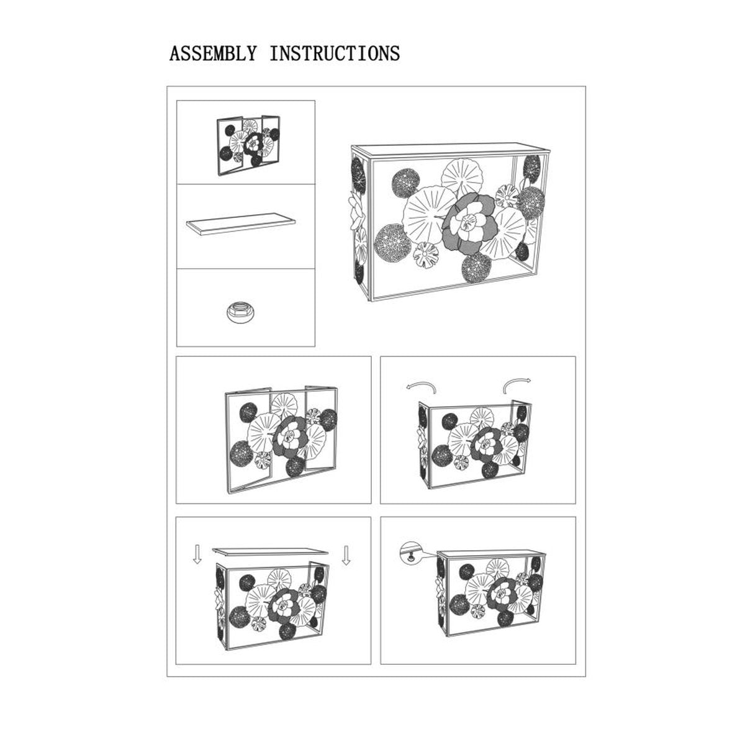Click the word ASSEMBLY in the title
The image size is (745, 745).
(213, 53)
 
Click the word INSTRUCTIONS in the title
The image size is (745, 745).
(335, 53)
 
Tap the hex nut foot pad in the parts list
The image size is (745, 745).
(240, 312)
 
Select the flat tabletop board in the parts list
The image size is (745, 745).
(241, 223)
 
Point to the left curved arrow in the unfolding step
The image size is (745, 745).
(422, 385)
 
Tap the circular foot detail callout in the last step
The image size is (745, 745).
(410, 553)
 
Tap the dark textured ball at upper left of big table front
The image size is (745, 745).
(406, 181)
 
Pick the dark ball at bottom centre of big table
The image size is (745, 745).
(477, 267)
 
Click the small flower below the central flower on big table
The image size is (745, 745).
(426, 255)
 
